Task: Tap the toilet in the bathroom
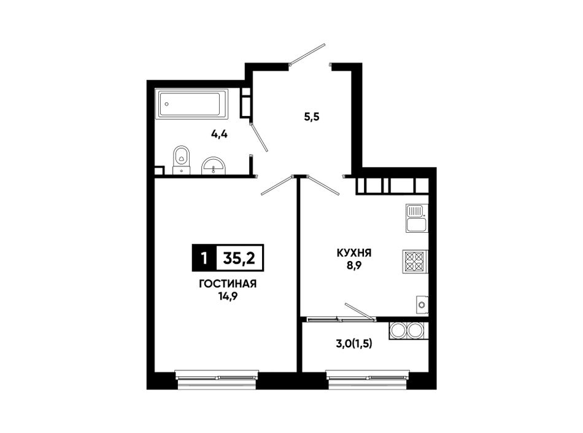[182, 160]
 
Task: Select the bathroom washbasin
[213, 166]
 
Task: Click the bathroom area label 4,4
[219, 135]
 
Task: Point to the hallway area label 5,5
[312, 117]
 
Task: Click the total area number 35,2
[239, 257]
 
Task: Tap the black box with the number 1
[204, 257]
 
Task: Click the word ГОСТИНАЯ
[228, 284]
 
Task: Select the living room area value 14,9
[228, 296]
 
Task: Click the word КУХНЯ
[354, 253]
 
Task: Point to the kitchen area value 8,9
[354, 265]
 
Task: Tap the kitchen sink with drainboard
[417, 218]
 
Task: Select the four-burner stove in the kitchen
[415, 262]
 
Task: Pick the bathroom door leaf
[259, 137]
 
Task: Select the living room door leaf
[277, 185]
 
